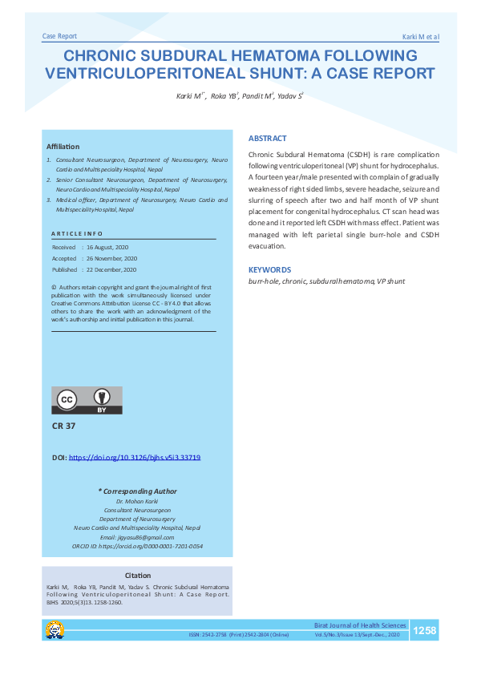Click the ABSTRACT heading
267,139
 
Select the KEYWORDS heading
269,270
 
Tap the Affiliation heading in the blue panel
63,147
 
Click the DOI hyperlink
135,457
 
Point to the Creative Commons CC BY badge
87,400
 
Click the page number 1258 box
424,631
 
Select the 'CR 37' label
63,426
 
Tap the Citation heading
138,576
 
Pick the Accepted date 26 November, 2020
113,259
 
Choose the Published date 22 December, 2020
113,269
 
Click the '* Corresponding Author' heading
137,491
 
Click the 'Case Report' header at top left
59,37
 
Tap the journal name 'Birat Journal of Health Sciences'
359,625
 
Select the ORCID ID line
138,546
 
